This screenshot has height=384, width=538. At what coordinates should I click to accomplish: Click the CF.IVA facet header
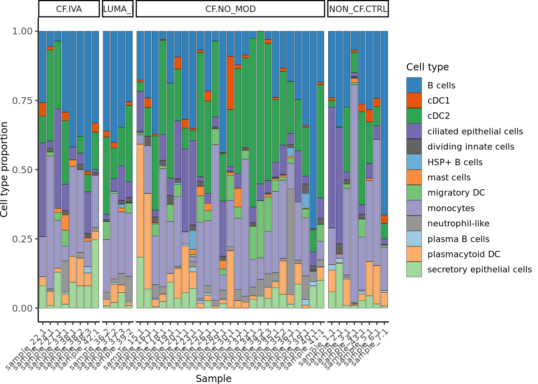[x=69, y=9]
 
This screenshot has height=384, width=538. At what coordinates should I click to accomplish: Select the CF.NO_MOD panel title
[x=230, y=9]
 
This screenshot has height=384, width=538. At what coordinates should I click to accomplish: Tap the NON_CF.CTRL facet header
[x=358, y=9]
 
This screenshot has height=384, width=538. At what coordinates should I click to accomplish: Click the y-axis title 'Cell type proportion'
[x=5, y=170]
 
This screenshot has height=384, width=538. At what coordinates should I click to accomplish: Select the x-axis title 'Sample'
[x=213, y=378]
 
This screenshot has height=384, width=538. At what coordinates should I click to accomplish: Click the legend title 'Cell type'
[x=427, y=67]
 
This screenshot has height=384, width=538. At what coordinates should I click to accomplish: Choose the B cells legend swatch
[x=414, y=85]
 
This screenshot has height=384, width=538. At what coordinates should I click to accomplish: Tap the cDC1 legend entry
[x=438, y=101]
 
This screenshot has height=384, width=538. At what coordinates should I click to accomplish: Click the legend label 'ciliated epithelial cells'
[x=475, y=132]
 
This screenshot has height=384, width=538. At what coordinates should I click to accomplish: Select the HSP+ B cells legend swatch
[x=414, y=162]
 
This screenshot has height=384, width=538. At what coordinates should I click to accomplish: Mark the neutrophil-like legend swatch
[x=414, y=223]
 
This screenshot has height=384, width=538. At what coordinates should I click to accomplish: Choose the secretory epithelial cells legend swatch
[x=414, y=269]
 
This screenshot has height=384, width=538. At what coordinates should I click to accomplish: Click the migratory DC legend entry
[x=456, y=193]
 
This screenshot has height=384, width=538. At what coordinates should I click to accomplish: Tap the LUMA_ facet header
[x=118, y=9]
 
